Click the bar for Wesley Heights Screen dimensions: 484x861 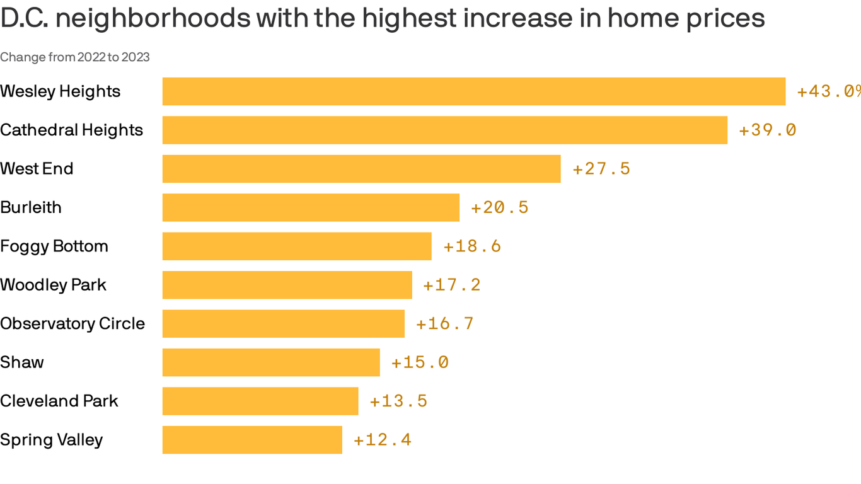pyautogui.click(x=474, y=91)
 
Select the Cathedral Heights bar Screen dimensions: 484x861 pyautogui.click(x=445, y=130)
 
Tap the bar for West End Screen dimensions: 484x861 pyautogui.click(x=361, y=169)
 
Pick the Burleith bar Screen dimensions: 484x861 pyautogui.click(x=311, y=207)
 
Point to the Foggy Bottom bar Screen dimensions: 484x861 pyautogui.click(x=297, y=246)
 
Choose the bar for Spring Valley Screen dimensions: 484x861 pyautogui.click(x=252, y=440)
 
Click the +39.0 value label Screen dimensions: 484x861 pyautogui.click(x=767, y=130)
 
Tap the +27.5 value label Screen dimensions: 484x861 pyautogui.click(x=601, y=169)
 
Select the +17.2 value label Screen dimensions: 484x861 pyautogui.click(x=451, y=285)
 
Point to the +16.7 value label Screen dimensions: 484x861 pyautogui.click(x=444, y=324)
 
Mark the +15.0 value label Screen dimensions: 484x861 pyautogui.click(x=420, y=362)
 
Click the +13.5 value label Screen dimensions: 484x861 pyautogui.click(x=398, y=401)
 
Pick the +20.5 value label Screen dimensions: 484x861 pyautogui.click(x=499, y=207)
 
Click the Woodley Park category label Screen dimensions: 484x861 pyautogui.click(x=54, y=285)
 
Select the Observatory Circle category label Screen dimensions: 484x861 pyautogui.click(x=72, y=324)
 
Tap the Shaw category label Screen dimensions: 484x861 pyautogui.click(x=22, y=362)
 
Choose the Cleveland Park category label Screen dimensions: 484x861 pyautogui.click(x=59, y=401)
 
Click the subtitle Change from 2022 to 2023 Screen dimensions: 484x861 pyautogui.click(x=75, y=57)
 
